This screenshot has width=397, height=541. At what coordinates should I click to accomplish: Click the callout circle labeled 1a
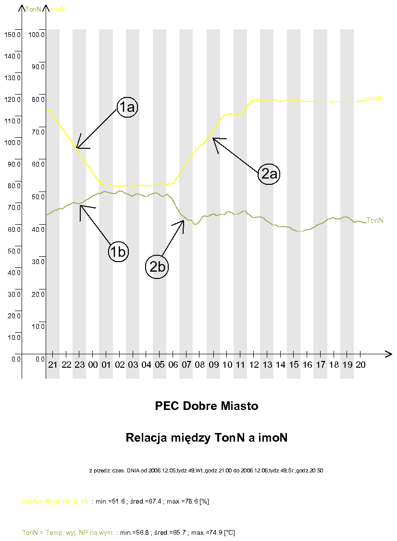click(x=127, y=108)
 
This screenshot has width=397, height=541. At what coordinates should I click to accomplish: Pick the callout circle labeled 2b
click(x=157, y=267)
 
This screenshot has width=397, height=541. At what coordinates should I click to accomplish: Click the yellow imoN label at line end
click(x=374, y=98)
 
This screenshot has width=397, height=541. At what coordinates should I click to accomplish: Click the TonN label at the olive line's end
click(x=375, y=220)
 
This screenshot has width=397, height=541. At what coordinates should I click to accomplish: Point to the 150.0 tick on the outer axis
click(x=12, y=35)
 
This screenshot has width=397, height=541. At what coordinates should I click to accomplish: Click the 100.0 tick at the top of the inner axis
click(x=37, y=35)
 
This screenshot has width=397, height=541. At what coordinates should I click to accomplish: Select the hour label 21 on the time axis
click(x=53, y=365)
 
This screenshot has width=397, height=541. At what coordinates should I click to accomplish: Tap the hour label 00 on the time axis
click(x=93, y=365)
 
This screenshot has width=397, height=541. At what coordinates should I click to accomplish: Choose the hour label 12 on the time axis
click(x=254, y=365)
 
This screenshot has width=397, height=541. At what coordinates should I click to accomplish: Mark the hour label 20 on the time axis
click(x=360, y=365)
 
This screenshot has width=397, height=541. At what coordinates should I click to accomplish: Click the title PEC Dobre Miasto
click(x=207, y=406)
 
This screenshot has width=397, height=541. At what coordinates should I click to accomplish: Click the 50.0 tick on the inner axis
click(x=37, y=196)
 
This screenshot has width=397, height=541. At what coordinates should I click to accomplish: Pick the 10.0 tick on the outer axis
click(x=12, y=337)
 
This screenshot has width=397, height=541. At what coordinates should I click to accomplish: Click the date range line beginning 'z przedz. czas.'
click(x=206, y=470)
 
